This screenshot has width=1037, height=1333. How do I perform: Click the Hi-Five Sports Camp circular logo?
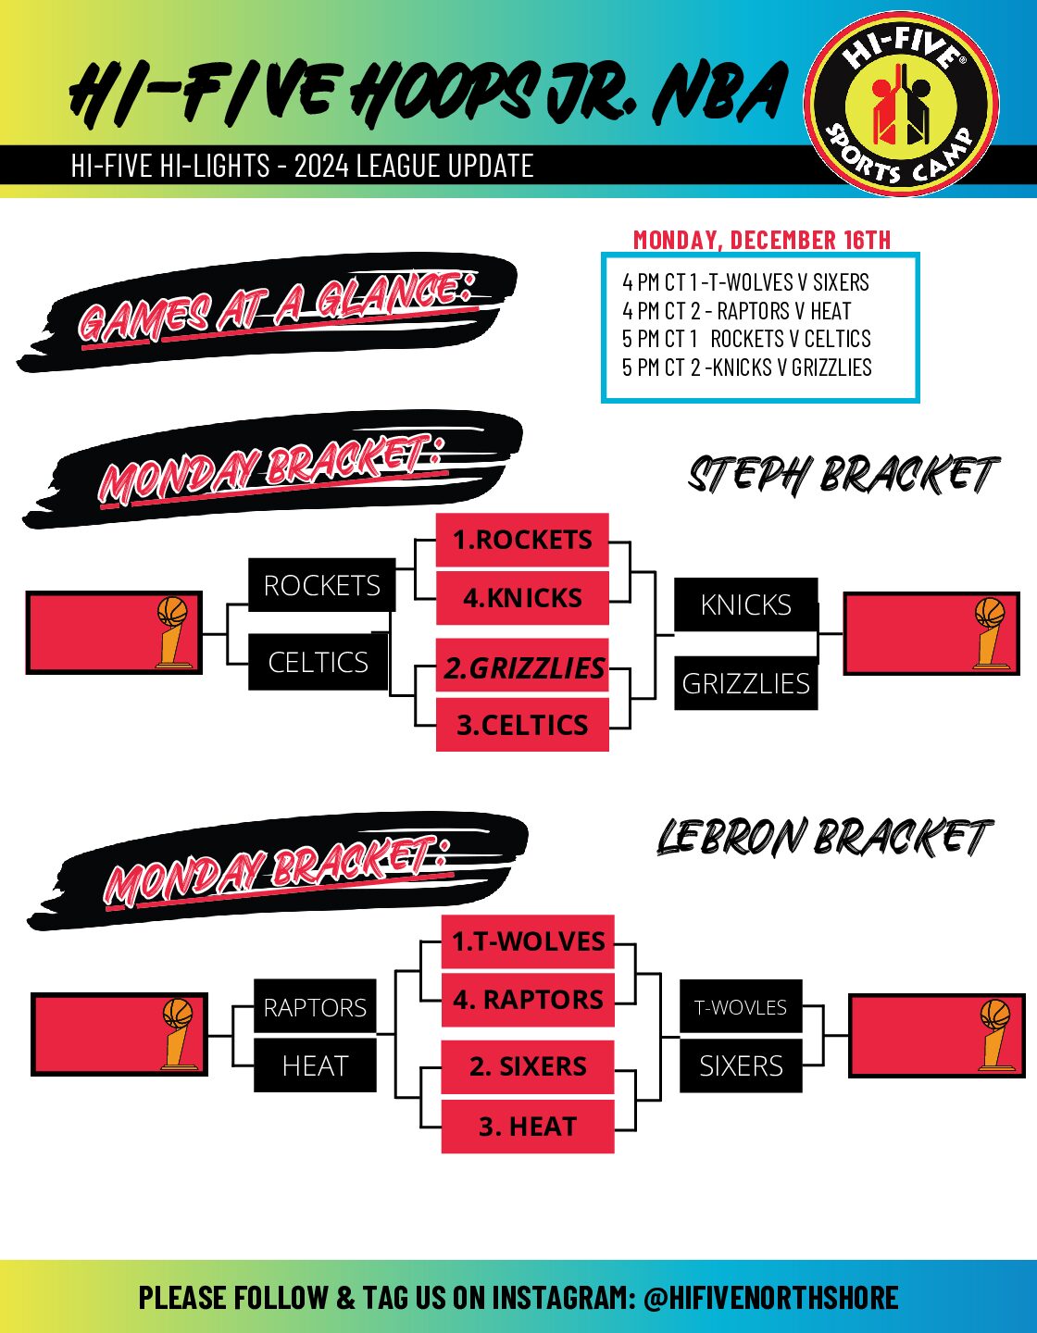point(902,105)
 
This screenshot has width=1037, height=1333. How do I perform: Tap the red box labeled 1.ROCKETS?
point(522,540)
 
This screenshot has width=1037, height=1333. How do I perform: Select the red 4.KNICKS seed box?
point(522,598)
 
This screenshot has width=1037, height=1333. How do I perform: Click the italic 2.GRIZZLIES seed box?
point(522,667)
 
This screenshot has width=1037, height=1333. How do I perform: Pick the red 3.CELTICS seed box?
point(522,725)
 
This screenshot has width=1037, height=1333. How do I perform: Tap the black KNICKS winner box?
point(746,604)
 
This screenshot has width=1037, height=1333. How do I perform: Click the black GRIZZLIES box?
point(746,683)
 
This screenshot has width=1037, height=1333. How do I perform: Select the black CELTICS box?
point(319,662)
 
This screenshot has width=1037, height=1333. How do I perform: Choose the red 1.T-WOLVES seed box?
point(528,941)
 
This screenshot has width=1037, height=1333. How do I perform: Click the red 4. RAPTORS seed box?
point(528,1000)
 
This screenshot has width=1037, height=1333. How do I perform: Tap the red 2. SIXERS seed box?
point(528,1066)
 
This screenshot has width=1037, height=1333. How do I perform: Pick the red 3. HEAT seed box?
point(528,1127)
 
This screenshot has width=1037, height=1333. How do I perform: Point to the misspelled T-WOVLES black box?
point(741,1007)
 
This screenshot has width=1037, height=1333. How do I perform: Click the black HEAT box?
point(316,1066)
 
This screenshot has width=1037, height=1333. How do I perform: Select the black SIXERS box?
point(741,1066)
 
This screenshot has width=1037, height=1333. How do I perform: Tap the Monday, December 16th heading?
point(761,240)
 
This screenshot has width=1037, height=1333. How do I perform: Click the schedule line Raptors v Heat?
point(737,311)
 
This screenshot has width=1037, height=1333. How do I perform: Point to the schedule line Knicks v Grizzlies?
point(747,368)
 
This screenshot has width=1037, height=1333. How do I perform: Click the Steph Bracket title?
point(843,476)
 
